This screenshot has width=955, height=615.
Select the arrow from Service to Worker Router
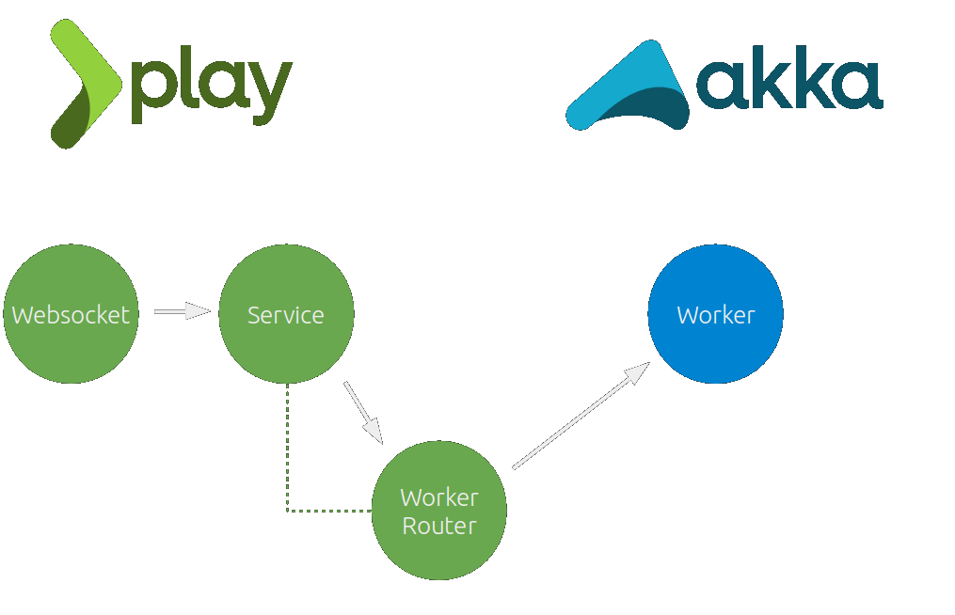tap(362, 411)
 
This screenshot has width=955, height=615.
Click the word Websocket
tap(71, 315)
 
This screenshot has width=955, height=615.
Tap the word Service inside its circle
tap(286, 315)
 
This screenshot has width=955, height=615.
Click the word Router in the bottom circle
tap(439, 526)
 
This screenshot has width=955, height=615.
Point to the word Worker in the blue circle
tap(716, 315)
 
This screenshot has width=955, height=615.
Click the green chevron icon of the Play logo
tap(85, 83)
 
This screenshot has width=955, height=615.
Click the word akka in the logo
tap(788, 85)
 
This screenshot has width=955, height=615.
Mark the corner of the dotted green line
tap(288, 511)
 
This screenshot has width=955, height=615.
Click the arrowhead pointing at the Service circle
tap(199, 311)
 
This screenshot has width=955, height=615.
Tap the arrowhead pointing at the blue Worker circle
tap(637, 372)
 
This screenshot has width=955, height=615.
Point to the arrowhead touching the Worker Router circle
tap(374, 432)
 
